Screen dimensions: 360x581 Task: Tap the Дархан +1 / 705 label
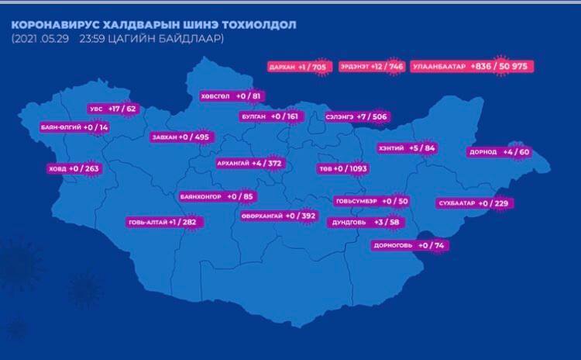(x=297, y=67)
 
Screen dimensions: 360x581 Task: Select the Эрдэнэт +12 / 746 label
(x=371, y=67)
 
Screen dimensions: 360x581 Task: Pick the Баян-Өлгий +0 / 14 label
(x=74, y=126)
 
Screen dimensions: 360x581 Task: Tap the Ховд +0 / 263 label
(x=74, y=168)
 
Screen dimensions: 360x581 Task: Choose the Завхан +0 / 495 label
(x=180, y=137)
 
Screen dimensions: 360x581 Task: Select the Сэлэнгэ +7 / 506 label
(x=356, y=116)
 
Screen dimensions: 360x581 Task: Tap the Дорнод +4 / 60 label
(x=499, y=152)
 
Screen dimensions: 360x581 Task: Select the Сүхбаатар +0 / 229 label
(x=473, y=203)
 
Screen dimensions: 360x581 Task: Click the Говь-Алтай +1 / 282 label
(x=162, y=222)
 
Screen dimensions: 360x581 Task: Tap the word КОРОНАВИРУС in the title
(x=53, y=24)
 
